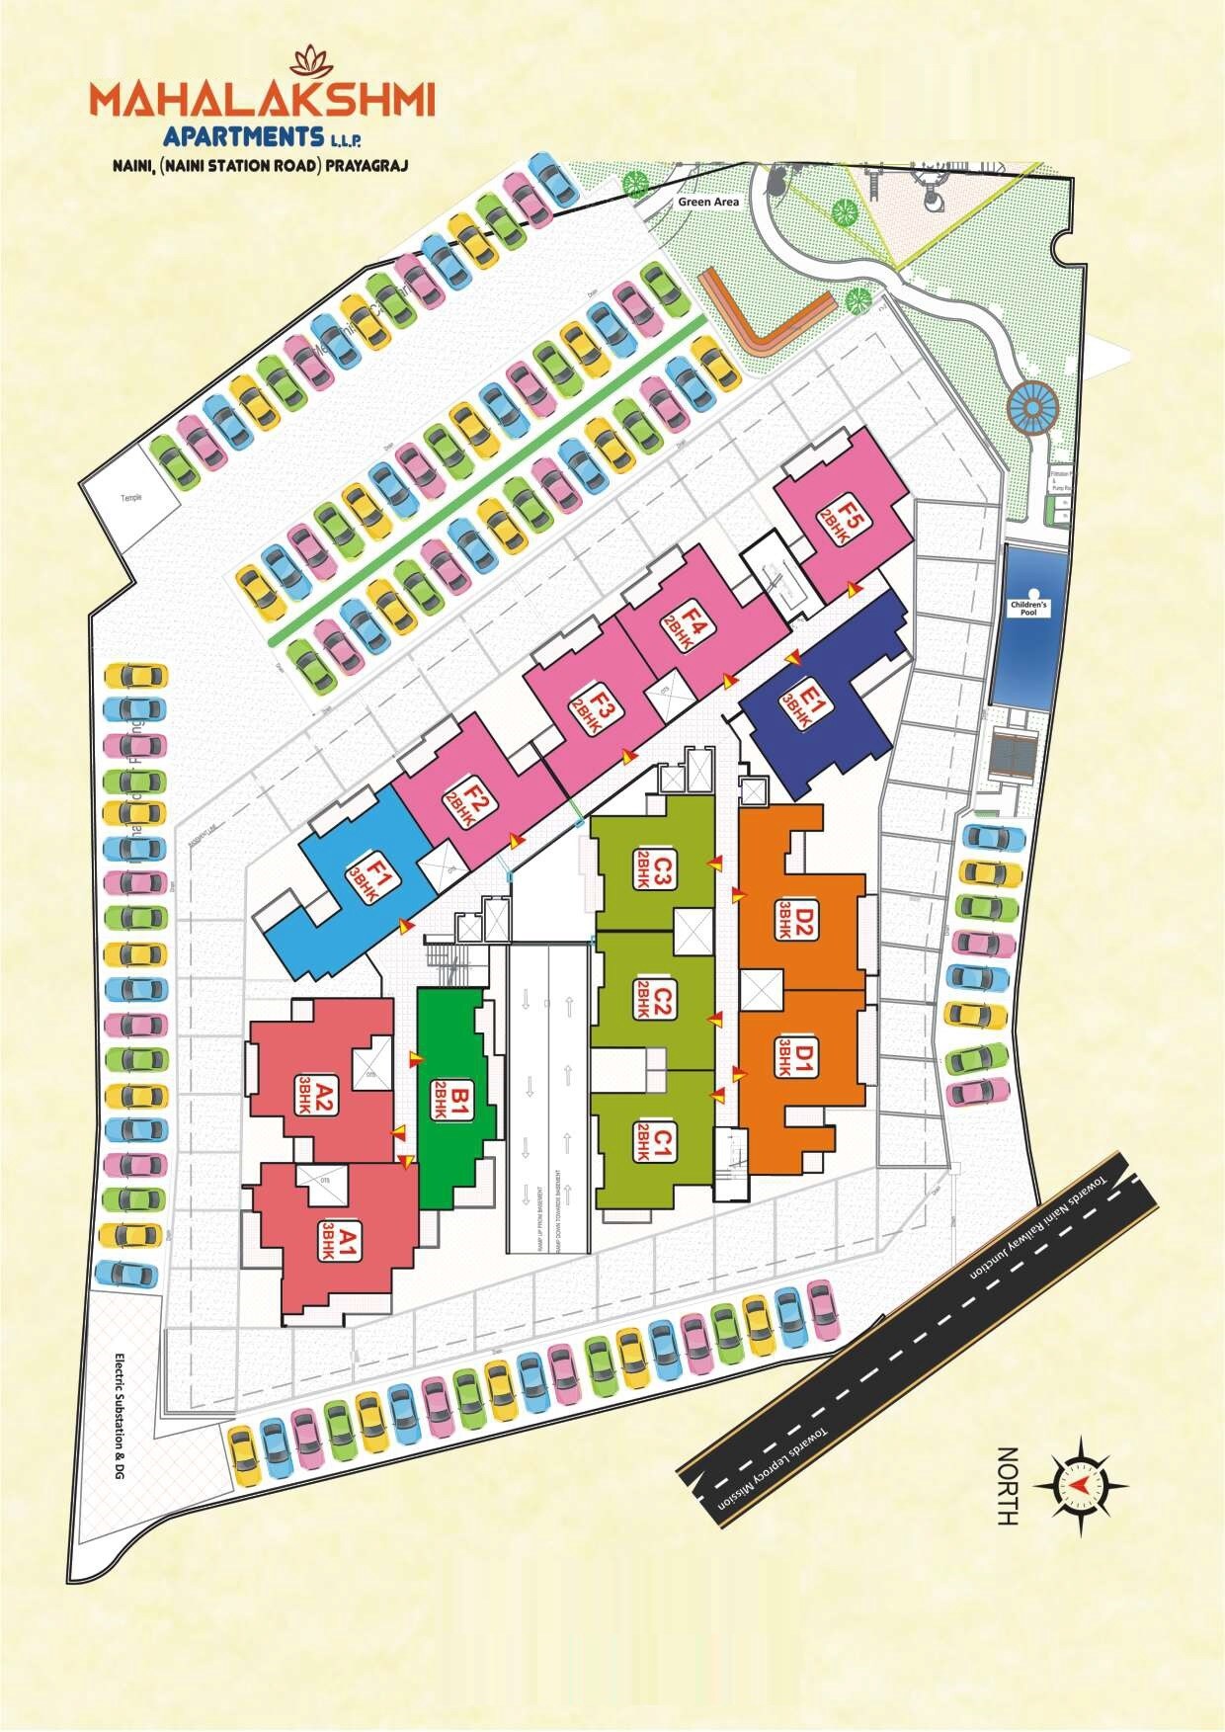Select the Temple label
point(131,498)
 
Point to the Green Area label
point(708,202)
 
